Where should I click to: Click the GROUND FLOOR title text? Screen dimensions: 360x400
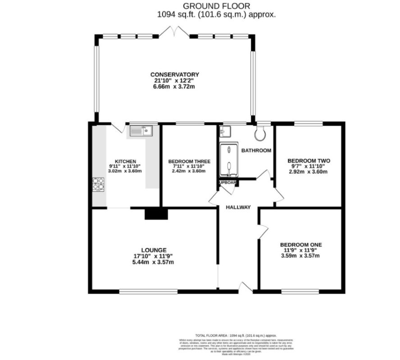click(x=216, y=6)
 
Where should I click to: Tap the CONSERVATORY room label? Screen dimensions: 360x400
click(x=175, y=74)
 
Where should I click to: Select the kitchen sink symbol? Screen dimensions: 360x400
click(x=141, y=131)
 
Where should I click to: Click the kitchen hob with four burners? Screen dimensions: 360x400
click(x=99, y=184)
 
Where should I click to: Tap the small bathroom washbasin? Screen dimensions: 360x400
click(x=224, y=131)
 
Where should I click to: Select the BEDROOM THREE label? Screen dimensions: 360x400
click(x=186, y=161)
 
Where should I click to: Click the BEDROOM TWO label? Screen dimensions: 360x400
click(x=309, y=161)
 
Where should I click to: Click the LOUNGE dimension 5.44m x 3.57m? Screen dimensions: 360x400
click(x=153, y=262)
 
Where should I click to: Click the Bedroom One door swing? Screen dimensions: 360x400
click(x=263, y=231)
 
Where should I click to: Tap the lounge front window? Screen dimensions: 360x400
click(x=149, y=292)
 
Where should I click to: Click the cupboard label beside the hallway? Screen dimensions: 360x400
click(x=227, y=183)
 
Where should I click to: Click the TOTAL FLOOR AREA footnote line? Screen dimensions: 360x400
click(x=236, y=336)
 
